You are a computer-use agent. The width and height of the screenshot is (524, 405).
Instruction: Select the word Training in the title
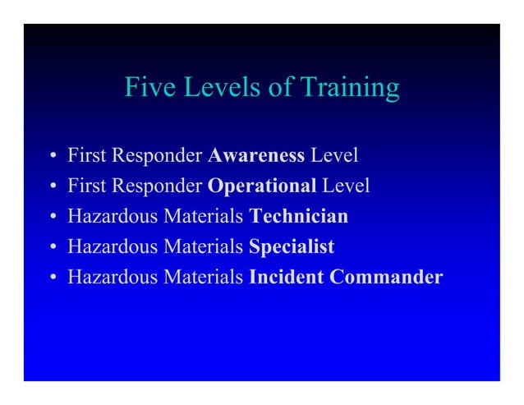pos(349,88)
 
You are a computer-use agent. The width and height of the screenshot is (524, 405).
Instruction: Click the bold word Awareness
pos(257,154)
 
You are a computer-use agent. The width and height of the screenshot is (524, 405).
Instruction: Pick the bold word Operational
pos(262,186)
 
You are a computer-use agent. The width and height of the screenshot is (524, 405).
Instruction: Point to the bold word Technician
pos(298,216)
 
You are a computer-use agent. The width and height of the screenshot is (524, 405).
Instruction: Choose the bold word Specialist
pos(292,246)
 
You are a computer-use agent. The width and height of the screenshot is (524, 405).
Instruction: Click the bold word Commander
pos(385,277)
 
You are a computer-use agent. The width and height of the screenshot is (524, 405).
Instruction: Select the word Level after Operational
pos(345,186)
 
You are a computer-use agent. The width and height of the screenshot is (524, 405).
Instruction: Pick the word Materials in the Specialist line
pos(203,246)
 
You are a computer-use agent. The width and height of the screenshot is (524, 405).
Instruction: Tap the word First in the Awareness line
pos(85,154)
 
